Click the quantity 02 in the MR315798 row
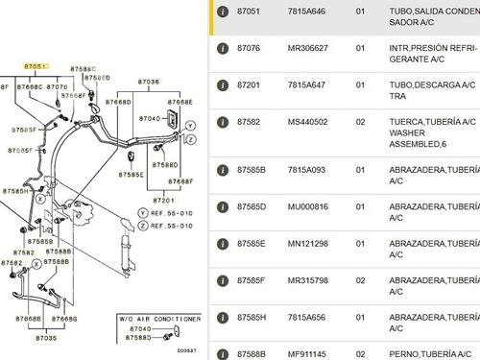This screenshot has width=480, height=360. [362, 280]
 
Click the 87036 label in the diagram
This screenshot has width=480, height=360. [150, 83]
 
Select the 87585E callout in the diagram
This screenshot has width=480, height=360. [132, 175]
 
